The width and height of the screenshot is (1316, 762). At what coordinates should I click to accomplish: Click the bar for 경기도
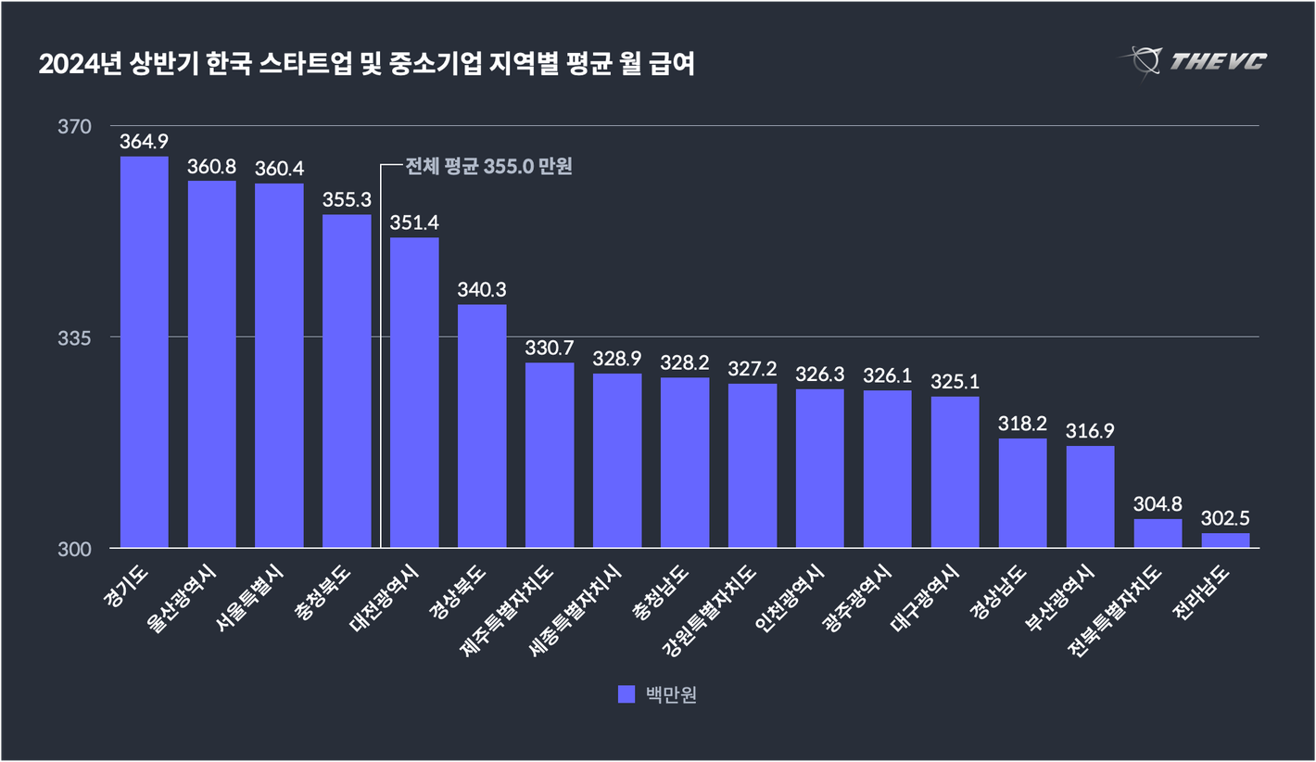point(144,352)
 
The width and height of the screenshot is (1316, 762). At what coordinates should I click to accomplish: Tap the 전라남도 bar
point(1225,540)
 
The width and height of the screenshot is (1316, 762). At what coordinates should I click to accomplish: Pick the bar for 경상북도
point(482,426)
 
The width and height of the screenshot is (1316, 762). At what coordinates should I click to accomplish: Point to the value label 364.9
point(144,142)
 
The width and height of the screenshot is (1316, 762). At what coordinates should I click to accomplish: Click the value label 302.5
point(1225,518)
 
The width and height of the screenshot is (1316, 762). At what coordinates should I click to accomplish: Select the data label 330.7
point(550,348)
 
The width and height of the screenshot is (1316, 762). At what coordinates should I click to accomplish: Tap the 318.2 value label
point(1022,424)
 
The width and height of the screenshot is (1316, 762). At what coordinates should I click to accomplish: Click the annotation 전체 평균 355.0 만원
point(487,167)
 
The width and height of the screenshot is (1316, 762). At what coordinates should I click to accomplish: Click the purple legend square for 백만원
point(626,694)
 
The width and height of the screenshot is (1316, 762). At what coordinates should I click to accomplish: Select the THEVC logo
point(1196,62)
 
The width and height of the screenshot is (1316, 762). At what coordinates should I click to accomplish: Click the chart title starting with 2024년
point(366,65)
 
